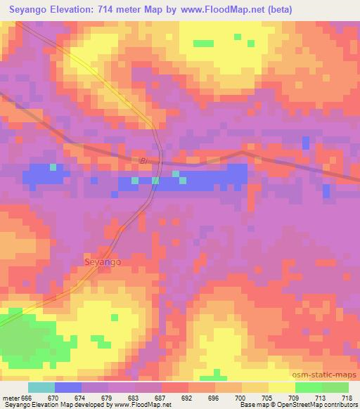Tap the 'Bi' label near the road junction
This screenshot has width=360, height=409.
(144, 162)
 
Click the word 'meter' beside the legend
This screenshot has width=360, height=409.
(10, 397)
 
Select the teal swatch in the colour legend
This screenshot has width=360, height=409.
(41, 387)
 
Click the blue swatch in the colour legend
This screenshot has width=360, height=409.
(68, 387)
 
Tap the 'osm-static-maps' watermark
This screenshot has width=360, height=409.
(326, 376)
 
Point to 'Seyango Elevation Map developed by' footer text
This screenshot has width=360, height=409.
(54, 405)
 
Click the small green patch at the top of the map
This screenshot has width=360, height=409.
(203, 44)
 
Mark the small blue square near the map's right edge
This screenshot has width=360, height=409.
(305, 143)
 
